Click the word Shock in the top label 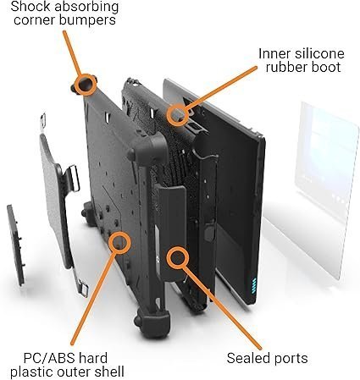(28, 7)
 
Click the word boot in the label (325, 67)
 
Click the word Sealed (245, 358)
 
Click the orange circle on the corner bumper (86, 85)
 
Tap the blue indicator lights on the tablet (254, 285)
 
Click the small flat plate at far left (16, 245)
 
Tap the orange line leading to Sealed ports (221, 307)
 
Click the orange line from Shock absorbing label (72, 52)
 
